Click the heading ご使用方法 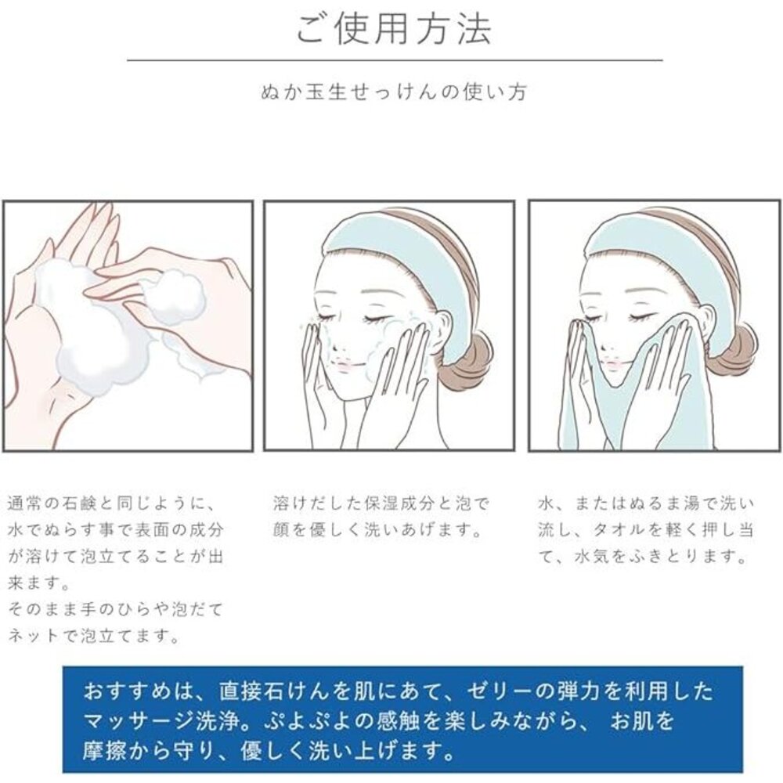[x=394, y=30]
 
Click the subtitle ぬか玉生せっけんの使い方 [x=394, y=92]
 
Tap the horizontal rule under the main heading [x=395, y=60]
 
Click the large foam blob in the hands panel [x=95, y=330]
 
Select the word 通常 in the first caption [x=22, y=503]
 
